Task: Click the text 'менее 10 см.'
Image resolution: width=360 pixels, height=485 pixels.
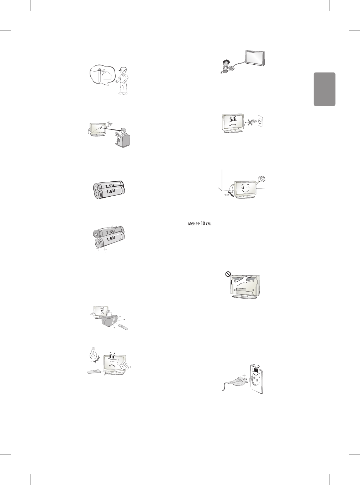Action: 197,224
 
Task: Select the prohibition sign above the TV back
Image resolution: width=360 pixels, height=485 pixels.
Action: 227,274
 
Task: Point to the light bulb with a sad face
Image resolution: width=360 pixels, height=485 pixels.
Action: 94,354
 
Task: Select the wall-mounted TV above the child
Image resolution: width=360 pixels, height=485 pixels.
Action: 255,58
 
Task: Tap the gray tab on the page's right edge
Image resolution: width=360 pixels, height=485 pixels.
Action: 324,89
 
